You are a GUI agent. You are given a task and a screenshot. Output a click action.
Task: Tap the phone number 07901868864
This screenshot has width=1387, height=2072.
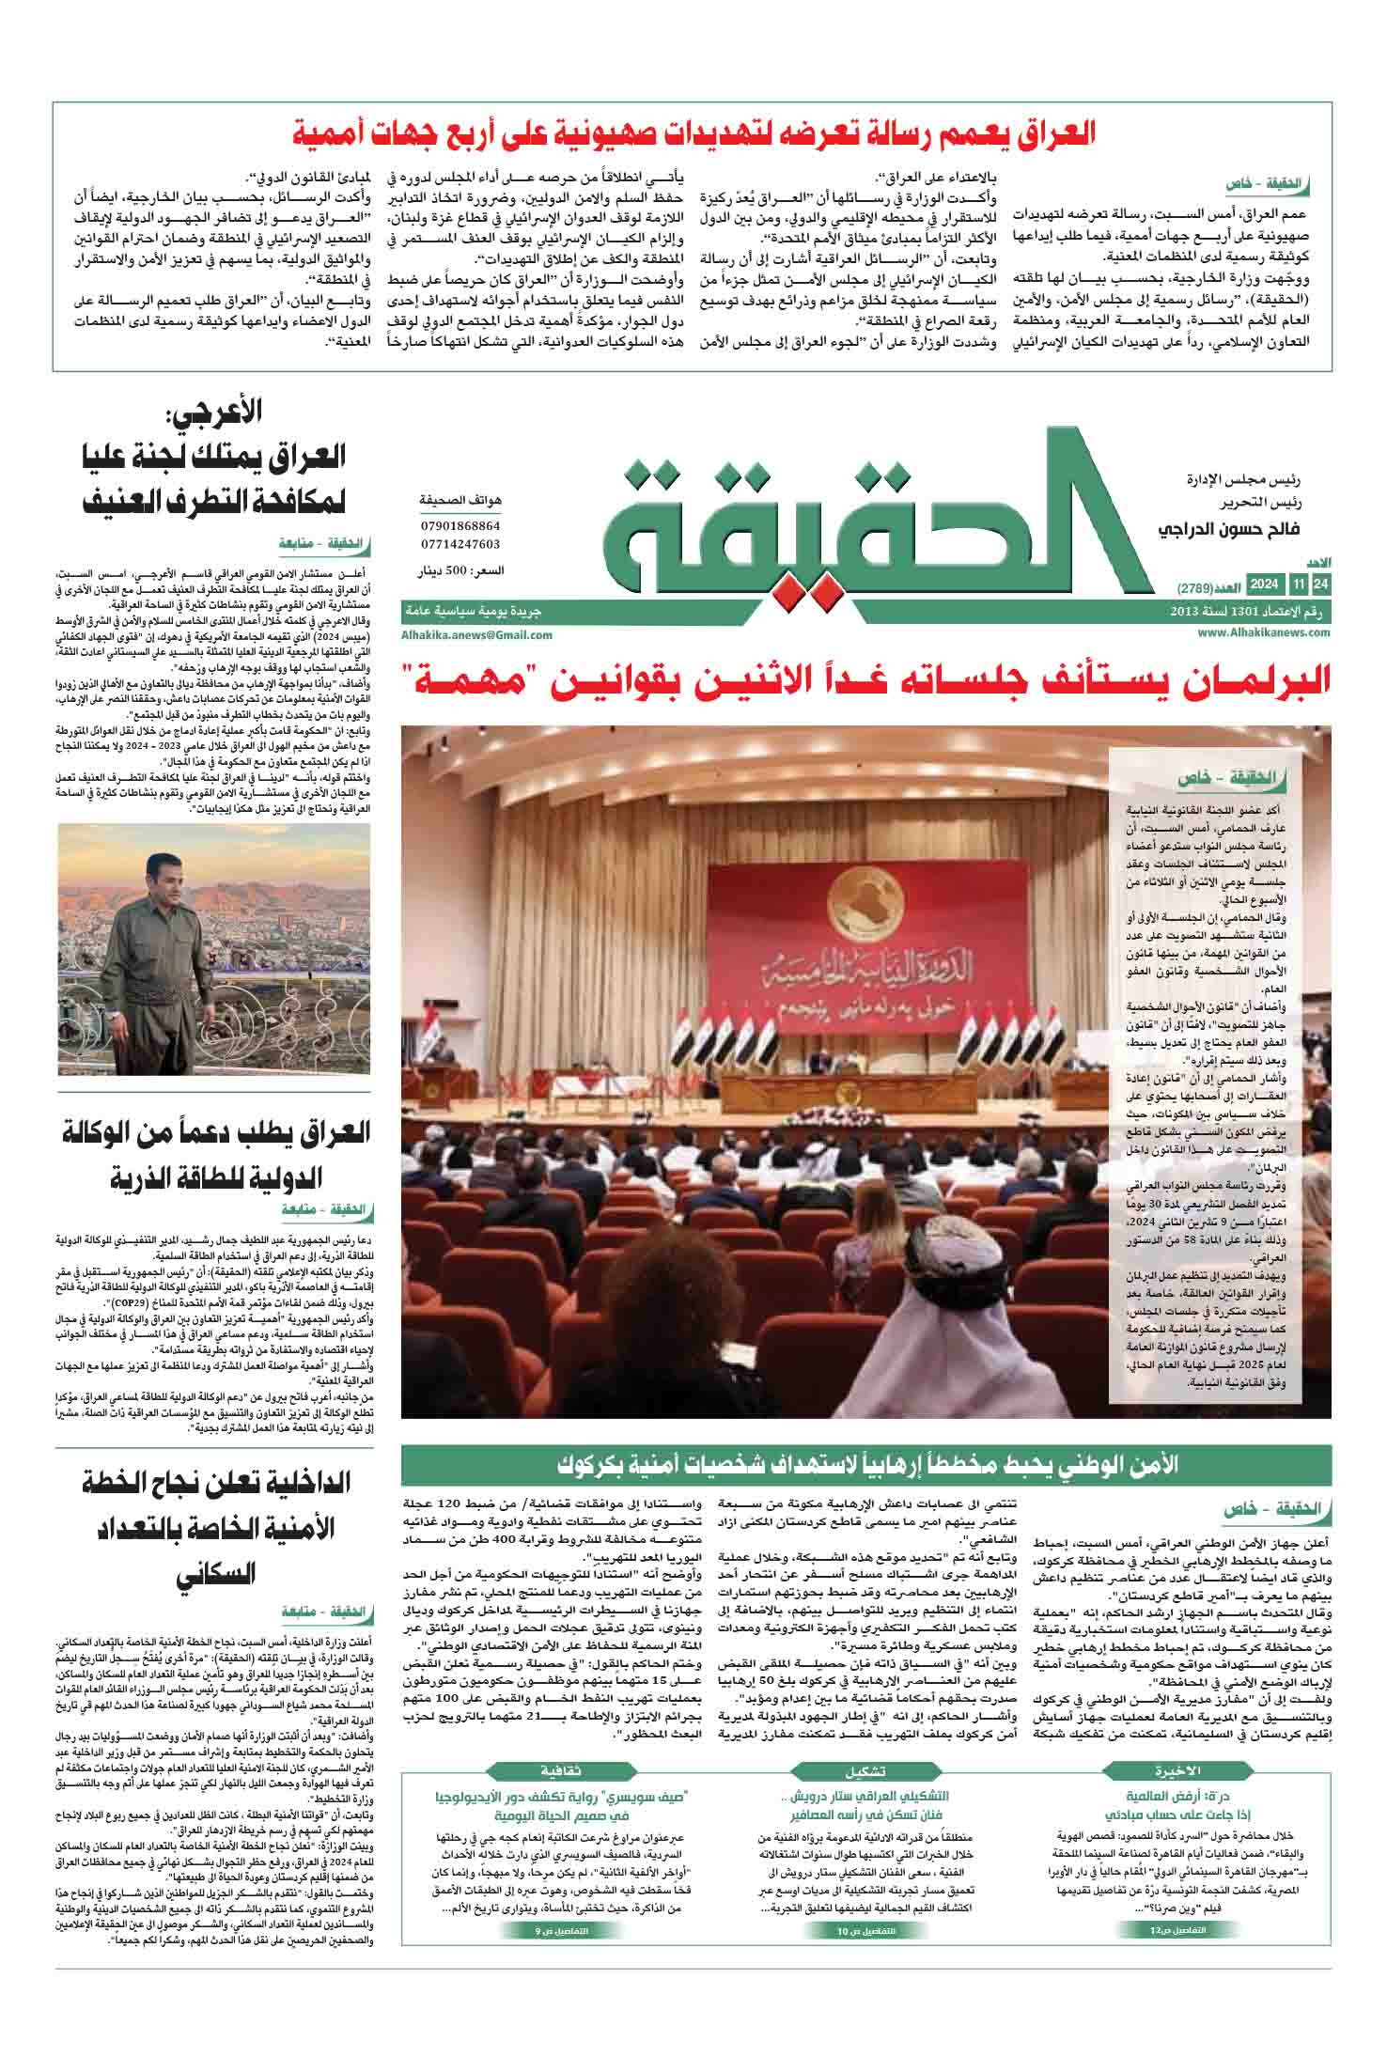pyautogui.click(x=460, y=527)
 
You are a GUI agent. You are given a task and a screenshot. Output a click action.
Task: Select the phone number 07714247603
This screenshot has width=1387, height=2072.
pyautogui.click(x=460, y=544)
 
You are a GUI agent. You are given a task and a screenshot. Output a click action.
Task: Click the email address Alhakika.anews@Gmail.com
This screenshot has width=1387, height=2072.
pyautogui.click(x=476, y=635)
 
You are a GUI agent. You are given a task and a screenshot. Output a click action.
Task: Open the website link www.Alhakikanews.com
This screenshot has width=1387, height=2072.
pyautogui.click(x=1264, y=633)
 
